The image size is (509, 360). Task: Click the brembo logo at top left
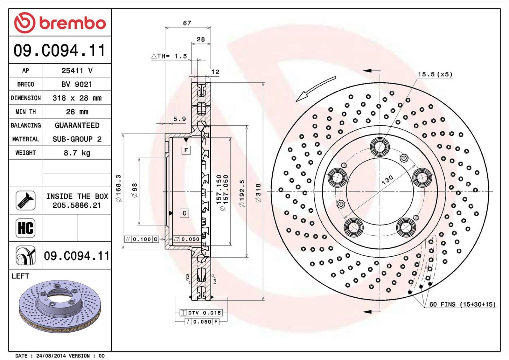(60, 23)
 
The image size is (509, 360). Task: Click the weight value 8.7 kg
(77, 153)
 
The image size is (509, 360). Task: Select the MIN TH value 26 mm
(77, 112)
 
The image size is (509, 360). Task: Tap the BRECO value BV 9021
(77, 84)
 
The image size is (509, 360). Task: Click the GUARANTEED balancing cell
(77, 126)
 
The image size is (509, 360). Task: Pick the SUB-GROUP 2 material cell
(77, 139)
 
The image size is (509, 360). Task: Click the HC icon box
(25, 228)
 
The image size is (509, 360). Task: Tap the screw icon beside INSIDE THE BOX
(25, 200)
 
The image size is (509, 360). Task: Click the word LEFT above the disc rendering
(20, 276)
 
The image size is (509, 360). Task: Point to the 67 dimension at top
(187, 23)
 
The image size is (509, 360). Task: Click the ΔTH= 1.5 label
(169, 56)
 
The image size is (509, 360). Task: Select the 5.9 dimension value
(179, 119)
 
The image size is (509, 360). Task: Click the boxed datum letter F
(186, 150)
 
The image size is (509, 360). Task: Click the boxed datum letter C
(184, 213)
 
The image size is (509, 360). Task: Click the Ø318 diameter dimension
(258, 193)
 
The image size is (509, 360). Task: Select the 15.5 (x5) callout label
(435, 74)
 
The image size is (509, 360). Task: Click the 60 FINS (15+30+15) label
(462, 304)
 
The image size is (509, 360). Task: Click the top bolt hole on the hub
(380, 147)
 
